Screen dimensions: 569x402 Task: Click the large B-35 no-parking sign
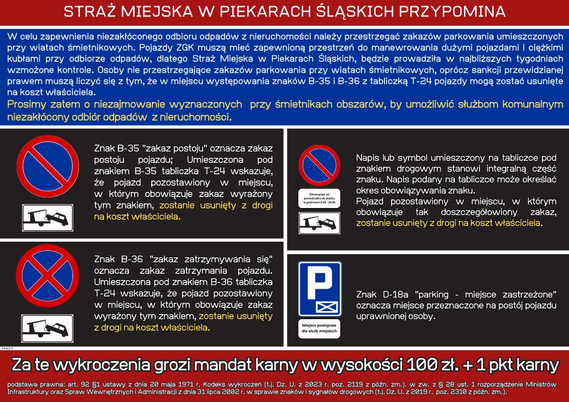[x=46, y=167]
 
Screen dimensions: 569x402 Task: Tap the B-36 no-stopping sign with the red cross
[x=46, y=277]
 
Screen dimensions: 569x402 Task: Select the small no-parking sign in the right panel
[x=319, y=165]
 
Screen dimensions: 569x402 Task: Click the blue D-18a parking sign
[x=320, y=288]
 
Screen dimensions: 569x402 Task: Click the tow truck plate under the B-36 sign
[x=46, y=328]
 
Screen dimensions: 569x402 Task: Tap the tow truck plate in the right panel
[x=319, y=223]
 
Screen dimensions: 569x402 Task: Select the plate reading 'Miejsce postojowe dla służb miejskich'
[x=320, y=328]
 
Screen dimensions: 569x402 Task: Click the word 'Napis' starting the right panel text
[x=368, y=157]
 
